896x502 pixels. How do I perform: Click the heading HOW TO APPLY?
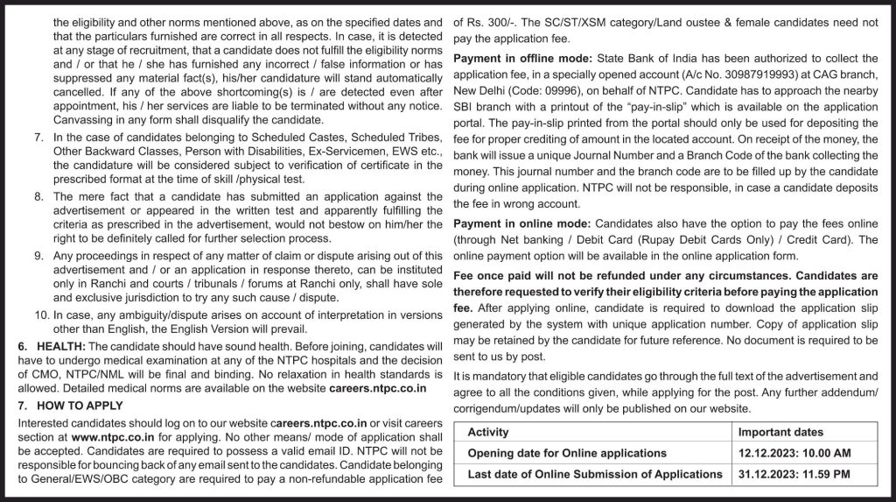tap(78, 405)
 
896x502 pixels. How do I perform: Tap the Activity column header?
tap(488, 432)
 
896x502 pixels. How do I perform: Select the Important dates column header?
tap(780, 432)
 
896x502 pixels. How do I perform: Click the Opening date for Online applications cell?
tap(567, 453)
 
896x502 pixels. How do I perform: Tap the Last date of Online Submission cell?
tap(595, 474)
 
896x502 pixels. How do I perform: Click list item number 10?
tap(39, 315)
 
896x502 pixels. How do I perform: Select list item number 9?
tap(38, 255)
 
